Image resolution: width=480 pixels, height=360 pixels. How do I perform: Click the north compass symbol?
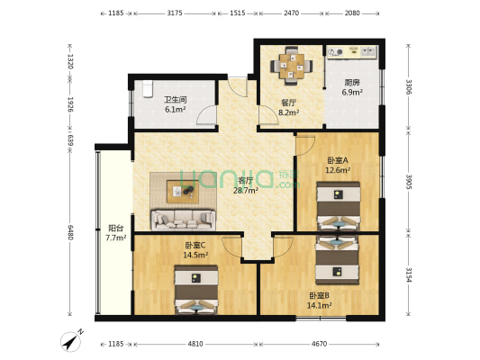click(71, 341)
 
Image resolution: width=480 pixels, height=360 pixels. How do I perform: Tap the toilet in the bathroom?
click(148, 89)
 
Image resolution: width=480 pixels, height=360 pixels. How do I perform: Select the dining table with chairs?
click(292, 66)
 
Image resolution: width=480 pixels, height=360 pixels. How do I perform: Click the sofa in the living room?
click(183, 220)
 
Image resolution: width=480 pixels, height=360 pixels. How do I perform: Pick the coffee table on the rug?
click(183, 192)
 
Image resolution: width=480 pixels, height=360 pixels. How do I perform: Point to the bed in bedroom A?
click(339, 206)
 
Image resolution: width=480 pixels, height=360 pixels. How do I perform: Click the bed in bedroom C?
click(196, 290)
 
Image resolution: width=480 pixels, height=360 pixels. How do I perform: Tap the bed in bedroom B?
click(337, 259)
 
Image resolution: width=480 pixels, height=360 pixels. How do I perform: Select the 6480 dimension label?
click(70, 232)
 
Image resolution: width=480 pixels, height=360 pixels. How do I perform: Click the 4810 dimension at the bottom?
click(195, 344)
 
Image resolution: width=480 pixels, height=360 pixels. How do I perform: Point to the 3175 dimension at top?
click(175, 13)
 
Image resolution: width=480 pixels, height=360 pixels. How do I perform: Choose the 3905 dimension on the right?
click(409, 182)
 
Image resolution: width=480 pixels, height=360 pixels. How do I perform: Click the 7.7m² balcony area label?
click(116, 238)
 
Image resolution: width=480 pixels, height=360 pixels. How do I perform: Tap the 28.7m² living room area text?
click(246, 191)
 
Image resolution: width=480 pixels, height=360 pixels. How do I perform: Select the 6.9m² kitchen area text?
click(352, 92)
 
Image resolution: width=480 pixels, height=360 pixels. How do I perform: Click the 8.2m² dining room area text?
click(288, 112)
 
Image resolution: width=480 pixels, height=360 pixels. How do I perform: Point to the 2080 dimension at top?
click(352, 13)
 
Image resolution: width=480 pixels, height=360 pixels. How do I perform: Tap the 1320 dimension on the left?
click(70, 61)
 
